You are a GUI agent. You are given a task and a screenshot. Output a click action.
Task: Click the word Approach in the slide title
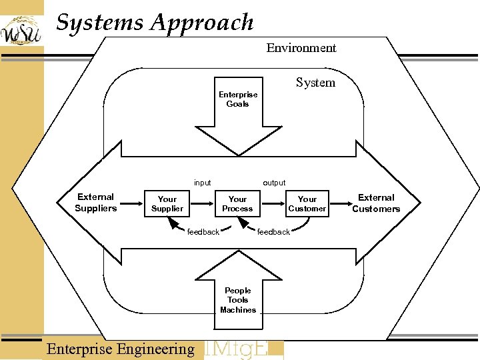coord(203,23)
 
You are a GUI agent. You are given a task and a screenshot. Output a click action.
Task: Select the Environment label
coord(301,48)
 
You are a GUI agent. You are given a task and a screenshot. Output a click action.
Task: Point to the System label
coord(315,83)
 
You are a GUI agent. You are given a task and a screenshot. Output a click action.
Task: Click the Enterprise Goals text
coord(237,99)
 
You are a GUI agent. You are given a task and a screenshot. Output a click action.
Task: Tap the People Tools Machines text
coord(237,300)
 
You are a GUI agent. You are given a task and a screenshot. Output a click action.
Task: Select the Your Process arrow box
coord(237,204)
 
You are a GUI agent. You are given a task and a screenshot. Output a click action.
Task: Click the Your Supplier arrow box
coord(167,204)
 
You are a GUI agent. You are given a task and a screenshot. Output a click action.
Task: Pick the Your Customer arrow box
coord(307,204)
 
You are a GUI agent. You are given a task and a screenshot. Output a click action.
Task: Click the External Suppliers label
coord(95,203)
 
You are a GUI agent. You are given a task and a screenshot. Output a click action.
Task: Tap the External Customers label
coord(376,203)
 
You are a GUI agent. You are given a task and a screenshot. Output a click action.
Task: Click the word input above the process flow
coord(202,183)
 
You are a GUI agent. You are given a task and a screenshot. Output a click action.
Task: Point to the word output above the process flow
coord(274,183)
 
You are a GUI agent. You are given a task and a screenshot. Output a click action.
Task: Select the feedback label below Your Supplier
coord(203,232)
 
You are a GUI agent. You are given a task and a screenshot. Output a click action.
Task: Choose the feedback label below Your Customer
coord(273,232)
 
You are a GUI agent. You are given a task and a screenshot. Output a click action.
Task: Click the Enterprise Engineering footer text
coord(121,349)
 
